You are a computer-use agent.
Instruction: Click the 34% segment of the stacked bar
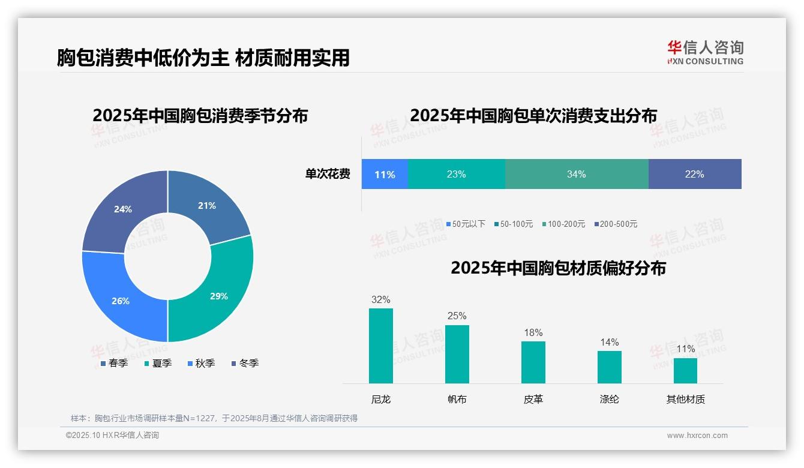576,174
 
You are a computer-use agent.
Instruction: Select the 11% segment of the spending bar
385,175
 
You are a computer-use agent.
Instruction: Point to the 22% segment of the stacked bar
694,174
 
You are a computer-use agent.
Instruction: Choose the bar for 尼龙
381,346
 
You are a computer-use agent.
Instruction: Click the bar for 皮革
533,362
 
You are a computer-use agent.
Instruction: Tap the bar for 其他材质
685,370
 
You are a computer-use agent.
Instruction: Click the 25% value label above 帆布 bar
457,316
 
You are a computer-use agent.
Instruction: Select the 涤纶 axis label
609,399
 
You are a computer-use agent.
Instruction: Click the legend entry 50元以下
466,224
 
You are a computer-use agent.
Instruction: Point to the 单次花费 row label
327,174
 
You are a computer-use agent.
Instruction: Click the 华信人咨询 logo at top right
705,52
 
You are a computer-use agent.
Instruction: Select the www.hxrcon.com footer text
697,436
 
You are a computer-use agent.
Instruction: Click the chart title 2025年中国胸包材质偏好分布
558,268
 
